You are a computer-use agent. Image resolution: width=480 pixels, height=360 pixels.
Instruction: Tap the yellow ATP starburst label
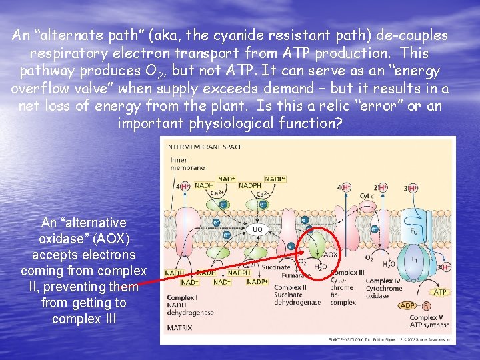(x=440, y=292)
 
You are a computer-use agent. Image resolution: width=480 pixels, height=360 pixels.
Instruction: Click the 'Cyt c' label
(x=366, y=195)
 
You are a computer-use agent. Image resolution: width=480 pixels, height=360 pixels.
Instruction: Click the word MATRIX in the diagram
(x=179, y=328)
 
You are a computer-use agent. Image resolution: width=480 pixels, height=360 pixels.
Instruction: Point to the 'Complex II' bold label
(x=289, y=287)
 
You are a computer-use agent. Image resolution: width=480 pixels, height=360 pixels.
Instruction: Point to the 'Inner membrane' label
(x=179, y=164)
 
